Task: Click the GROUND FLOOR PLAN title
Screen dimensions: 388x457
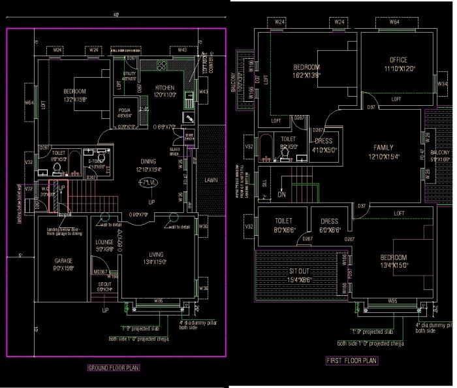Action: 114,368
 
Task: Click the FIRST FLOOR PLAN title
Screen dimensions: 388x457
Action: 351,360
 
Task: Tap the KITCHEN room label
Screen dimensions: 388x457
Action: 165,88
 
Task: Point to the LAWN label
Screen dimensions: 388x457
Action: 211,180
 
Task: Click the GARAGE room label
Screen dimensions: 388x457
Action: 63,260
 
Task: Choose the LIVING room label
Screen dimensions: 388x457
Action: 156,254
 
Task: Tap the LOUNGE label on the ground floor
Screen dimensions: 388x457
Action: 105,242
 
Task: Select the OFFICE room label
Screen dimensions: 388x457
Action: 398,60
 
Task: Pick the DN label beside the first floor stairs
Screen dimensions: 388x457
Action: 282,194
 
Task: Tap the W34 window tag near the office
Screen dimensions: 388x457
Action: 442,84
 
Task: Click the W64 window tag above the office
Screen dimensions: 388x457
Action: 394,22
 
